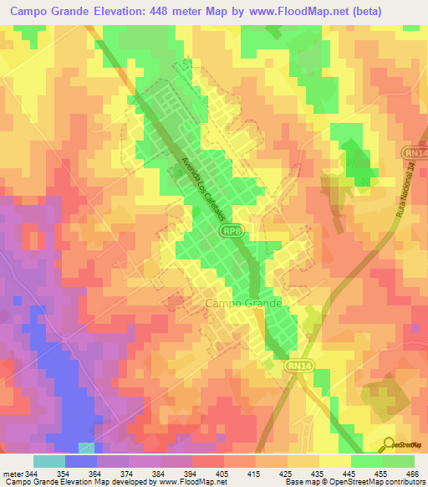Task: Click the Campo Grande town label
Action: point(243,304)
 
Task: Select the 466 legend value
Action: point(408,473)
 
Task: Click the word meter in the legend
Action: point(12,473)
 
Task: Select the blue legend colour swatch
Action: point(80,461)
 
